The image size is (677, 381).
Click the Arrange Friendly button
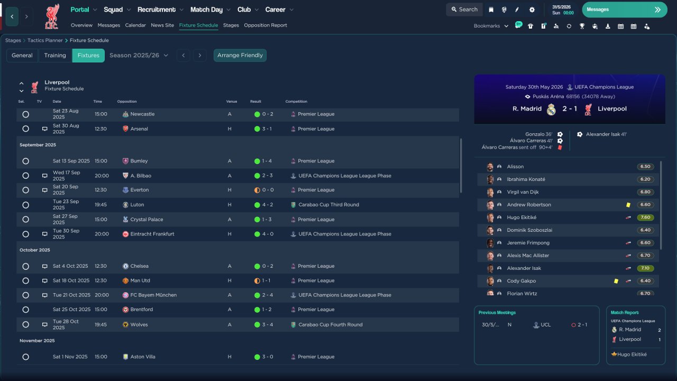tap(240, 56)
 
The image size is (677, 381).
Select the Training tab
tap(55, 56)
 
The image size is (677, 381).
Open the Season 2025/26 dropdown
tap(139, 56)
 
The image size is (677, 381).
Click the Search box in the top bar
tap(464, 10)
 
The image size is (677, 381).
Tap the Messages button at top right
tap(625, 10)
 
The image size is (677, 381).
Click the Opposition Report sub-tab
tap(266, 25)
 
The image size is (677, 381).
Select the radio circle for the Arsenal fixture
tap(26, 129)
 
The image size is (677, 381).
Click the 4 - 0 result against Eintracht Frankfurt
tap(268, 234)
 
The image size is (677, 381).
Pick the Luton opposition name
tap(137, 205)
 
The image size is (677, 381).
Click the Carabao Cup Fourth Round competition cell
tap(331, 325)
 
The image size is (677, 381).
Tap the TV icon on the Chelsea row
tap(45, 266)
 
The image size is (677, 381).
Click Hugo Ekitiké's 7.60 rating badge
tap(645, 217)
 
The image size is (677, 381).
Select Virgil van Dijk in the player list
tap(523, 192)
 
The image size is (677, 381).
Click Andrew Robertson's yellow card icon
tap(628, 205)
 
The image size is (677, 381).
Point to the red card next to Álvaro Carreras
tap(560, 148)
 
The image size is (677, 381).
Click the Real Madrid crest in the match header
tap(551, 110)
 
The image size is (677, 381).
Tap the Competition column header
tap(296, 102)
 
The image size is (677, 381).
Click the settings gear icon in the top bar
tap(532, 10)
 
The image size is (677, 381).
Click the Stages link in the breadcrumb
tap(13, 41)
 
